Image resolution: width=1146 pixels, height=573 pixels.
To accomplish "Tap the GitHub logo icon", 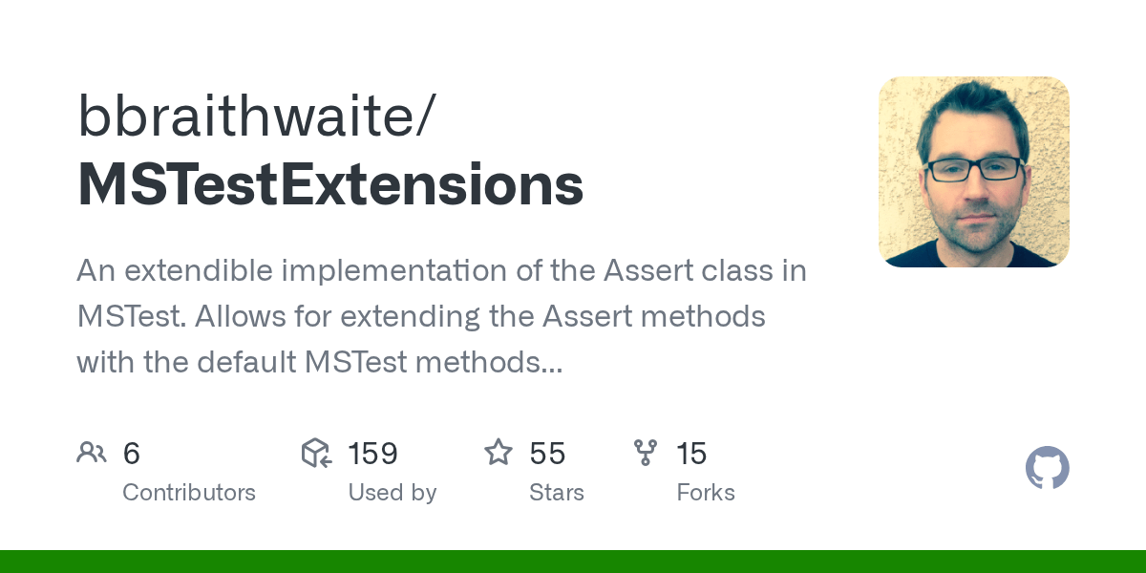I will click(1047, 469).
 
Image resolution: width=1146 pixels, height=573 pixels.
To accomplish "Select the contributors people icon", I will click(92, 453).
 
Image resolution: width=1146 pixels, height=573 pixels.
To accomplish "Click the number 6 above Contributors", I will click(132, 454).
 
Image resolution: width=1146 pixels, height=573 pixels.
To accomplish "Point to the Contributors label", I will click(189, 493).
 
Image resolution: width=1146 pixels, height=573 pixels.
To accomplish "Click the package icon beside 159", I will click(316, 453).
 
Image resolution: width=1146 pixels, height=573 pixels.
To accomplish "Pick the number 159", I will click(371, 454).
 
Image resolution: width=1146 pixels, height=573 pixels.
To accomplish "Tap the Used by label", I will click(392, 493).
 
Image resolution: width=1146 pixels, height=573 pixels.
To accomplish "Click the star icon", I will click(499, 453).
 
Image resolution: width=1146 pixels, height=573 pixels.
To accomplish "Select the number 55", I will click(547, 454).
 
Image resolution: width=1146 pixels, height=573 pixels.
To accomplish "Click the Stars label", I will click(556, 493).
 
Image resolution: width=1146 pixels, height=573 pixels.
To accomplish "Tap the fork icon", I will click(646, 453).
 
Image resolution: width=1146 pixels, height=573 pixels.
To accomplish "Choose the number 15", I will click(691, 454).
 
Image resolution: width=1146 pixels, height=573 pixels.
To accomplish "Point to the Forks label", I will click(706, 493).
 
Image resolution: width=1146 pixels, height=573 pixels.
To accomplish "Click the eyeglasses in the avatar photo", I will click(973, 170).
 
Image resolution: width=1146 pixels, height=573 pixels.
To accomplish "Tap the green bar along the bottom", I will click(573, 562).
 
